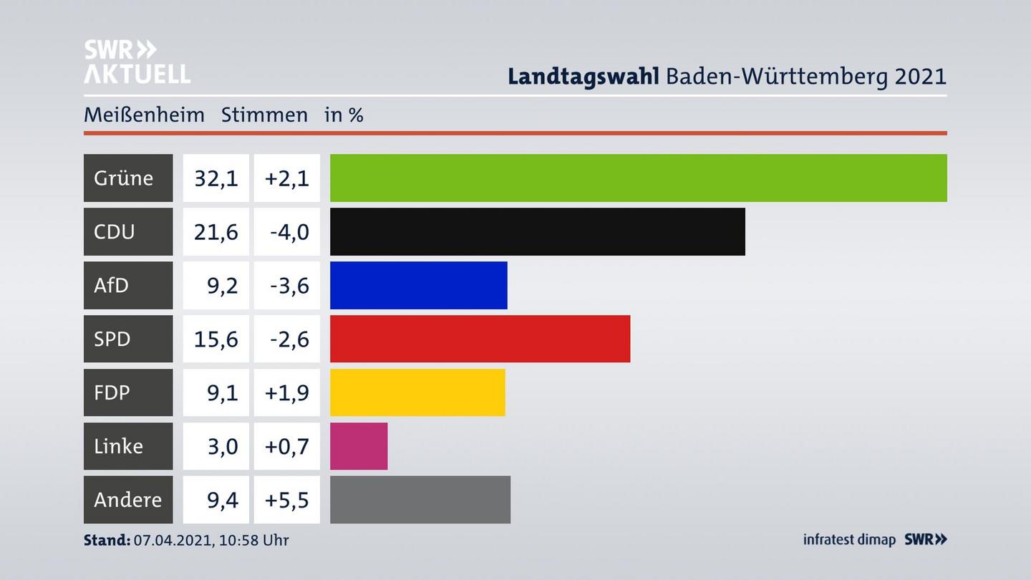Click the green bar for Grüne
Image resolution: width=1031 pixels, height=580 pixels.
[638, 178]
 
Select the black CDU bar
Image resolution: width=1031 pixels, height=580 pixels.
[537, 231]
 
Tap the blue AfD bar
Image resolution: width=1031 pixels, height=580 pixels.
[418, 285]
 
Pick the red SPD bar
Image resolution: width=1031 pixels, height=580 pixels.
[480, 339]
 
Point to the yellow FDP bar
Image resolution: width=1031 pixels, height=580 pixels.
[417, 392]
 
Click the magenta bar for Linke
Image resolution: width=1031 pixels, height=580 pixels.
[359, 446]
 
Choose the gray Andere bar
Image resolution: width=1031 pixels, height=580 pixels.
[420, 499]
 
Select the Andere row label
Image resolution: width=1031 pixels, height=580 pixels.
[127, 499]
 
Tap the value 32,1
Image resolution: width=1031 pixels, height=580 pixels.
[216, 178]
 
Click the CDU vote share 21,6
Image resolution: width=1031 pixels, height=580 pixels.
[216, 231]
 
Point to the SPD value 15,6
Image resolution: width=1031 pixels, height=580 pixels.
[216, 339]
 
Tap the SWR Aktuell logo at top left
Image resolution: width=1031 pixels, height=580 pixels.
[136, 62]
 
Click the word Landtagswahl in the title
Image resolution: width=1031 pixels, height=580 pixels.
[583, 77]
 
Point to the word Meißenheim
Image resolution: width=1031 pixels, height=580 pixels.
[144, 115]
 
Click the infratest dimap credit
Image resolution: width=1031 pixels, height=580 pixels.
[849, 539]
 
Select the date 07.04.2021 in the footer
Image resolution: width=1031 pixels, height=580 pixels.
[172, 540]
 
